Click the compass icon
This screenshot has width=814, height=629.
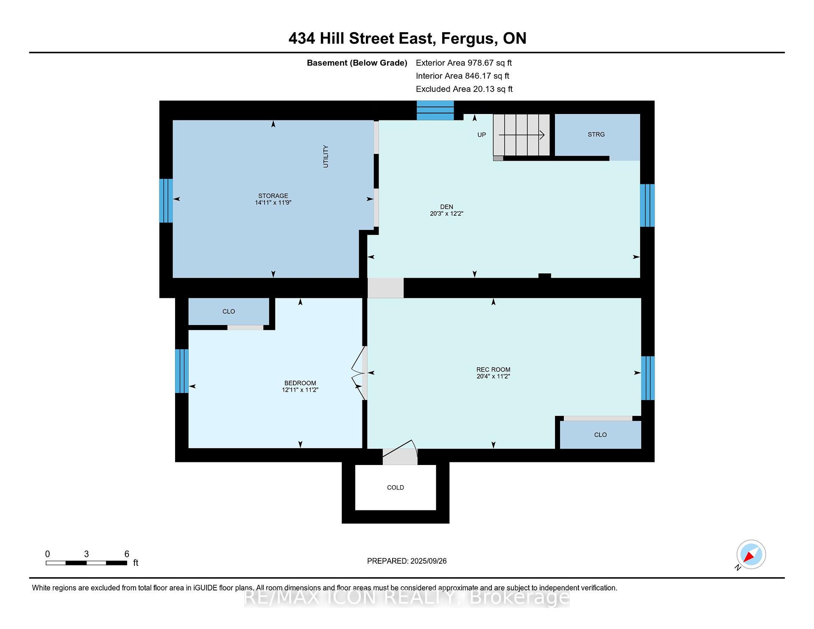tap(751, 554)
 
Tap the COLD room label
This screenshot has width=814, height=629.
tap(395, 487)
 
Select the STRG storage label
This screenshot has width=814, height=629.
tap(596, 134)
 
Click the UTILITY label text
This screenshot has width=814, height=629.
tap(326, 156)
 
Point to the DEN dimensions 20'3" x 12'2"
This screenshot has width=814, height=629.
tap(446, 214)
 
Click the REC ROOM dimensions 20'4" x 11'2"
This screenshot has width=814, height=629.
tap(493, 376)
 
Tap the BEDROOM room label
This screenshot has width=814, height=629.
tap(300, 383)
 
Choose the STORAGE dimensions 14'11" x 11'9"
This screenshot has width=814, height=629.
tap(273, 203)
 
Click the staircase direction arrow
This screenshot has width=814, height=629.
tap(521, 135)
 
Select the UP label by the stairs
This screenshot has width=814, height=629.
tap(482, 135)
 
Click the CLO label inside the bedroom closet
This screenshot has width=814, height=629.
tap(229, 312)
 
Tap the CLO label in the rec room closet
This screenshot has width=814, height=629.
tap(600, 435)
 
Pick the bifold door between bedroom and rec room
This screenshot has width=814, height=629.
tap(359, 373)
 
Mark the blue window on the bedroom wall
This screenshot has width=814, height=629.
tap(182, 371)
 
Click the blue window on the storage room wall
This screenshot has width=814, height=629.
tap(166, 200)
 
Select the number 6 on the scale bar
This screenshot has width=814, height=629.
tap(127, 554)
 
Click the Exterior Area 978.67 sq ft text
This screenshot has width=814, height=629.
tap(464, 63)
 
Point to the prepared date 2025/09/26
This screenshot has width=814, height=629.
tap(428, 561)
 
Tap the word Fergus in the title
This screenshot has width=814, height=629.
tap(469, 39)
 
